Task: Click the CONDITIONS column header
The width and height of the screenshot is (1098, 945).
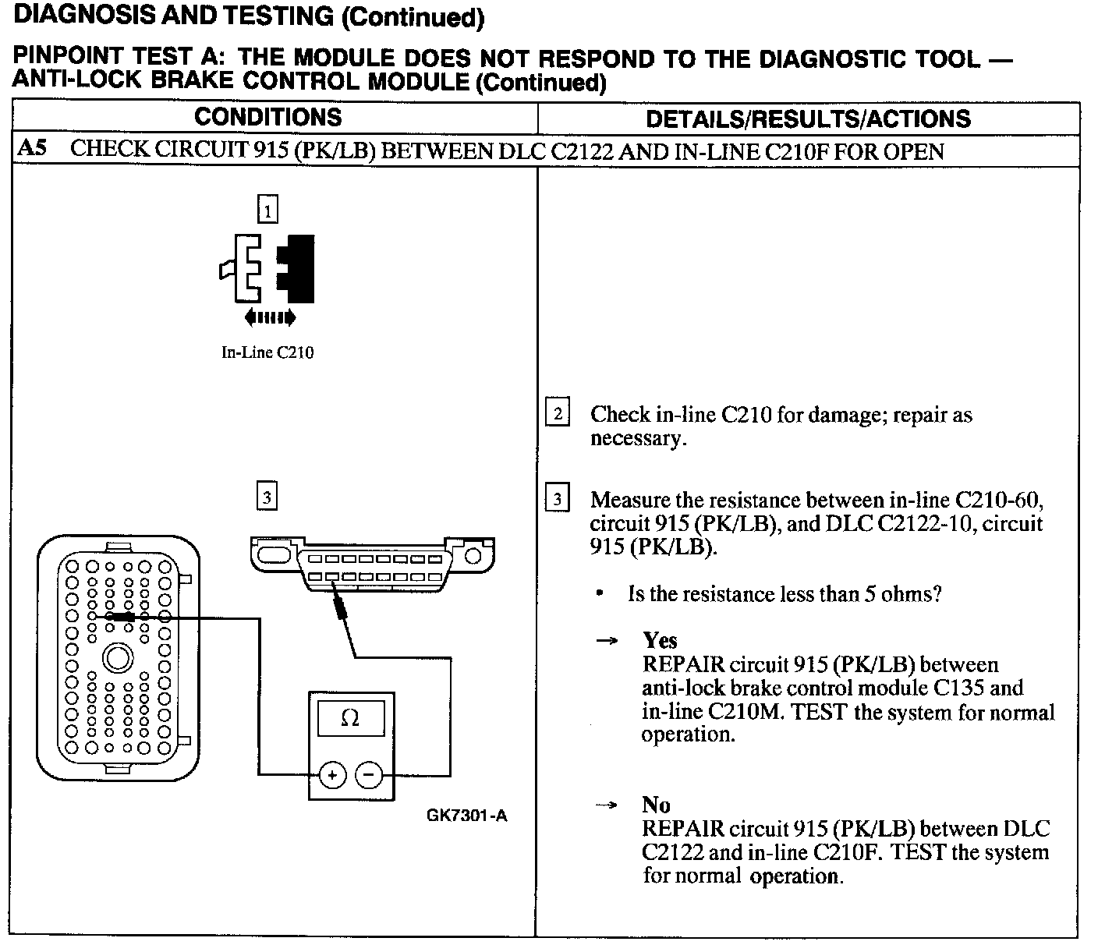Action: tap(267, 118)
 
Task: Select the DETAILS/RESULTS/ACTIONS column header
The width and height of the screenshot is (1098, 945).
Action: tap(808, 119)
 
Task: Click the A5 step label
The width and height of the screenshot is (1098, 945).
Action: tap(32, 149)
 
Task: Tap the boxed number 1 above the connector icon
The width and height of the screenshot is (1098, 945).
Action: tap(267, 211)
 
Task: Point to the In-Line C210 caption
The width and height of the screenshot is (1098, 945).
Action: tap(267, 352)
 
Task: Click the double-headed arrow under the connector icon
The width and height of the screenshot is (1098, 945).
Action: tap(270, 317)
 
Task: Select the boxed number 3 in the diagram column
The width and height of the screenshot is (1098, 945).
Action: tap(267, 497)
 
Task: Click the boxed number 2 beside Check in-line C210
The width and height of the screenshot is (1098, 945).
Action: tap(557, 412)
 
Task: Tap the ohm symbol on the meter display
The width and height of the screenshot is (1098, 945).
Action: tap(350, 718)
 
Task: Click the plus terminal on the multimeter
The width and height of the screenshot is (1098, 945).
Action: tap(332, 775)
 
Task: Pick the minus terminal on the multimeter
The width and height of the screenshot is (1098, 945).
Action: tap(369, 775)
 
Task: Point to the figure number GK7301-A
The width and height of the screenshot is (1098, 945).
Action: tap(466, 816)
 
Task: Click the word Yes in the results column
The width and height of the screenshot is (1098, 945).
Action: tap(660, 641)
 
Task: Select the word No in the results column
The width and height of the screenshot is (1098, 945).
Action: tap(656, 805)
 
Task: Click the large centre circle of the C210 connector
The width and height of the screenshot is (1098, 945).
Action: tap(118, 659)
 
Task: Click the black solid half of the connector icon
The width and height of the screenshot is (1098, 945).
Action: tap(300, 268)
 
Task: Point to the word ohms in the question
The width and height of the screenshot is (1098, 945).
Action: tap(913, 594)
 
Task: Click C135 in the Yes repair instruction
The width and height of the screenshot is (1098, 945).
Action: tap(958, 688)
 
